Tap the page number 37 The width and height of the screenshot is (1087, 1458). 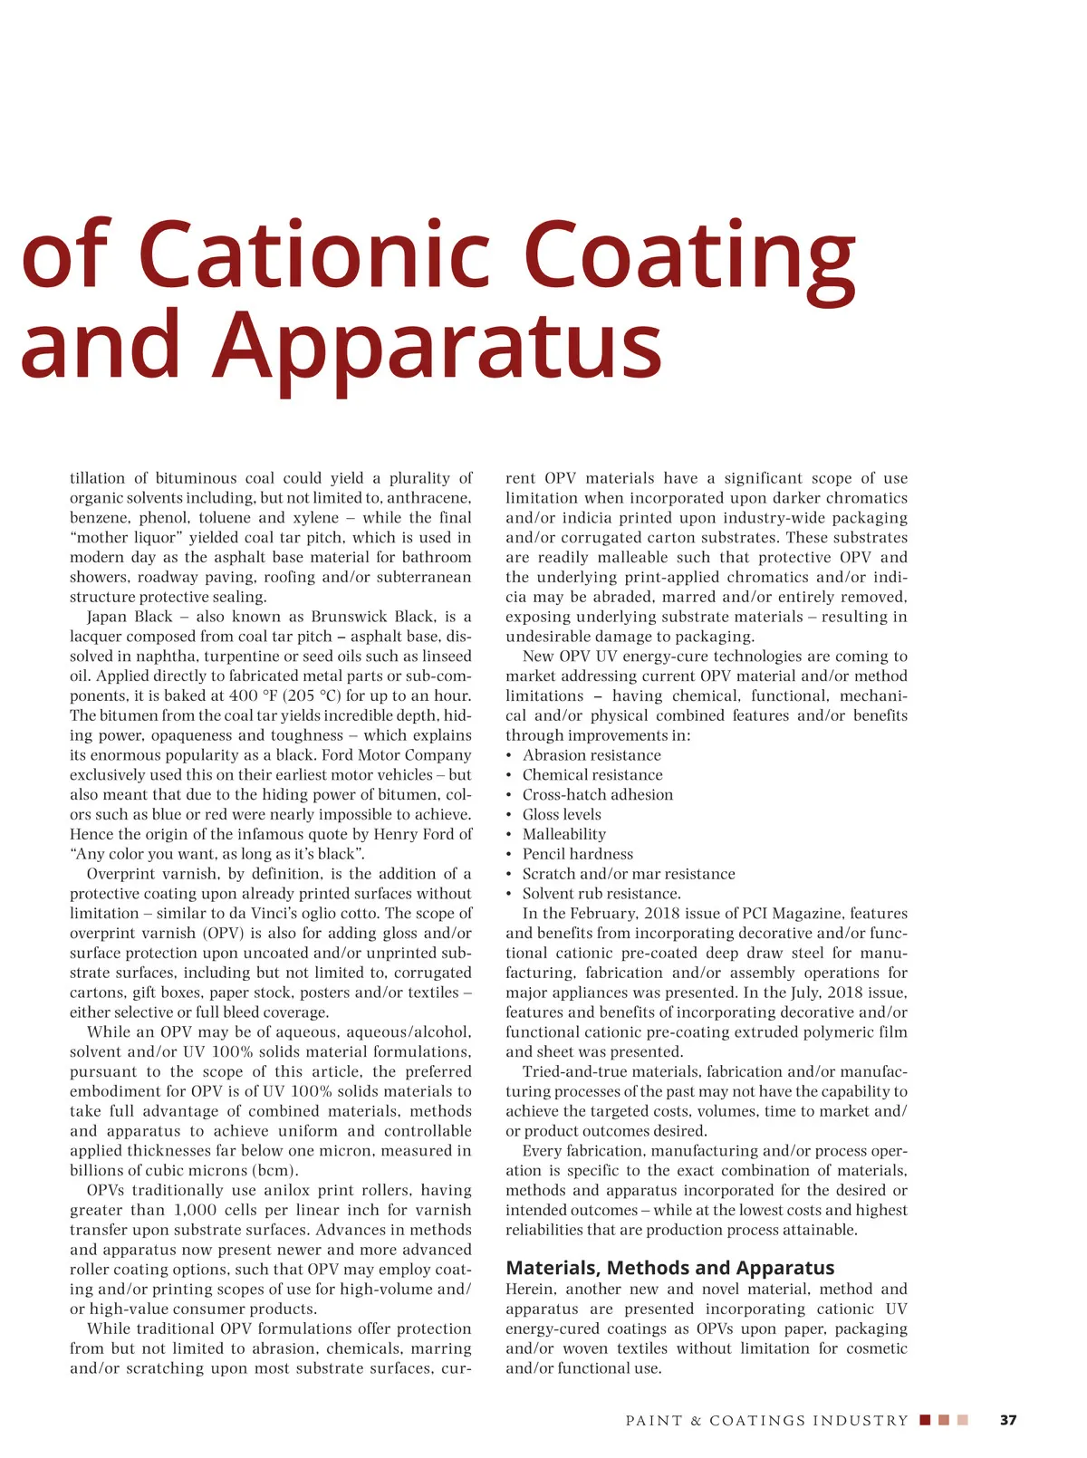pyautogui.click(x=1008, y=1420)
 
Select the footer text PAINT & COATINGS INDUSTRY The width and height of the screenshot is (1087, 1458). pyautogui.click(x=766, y=1420)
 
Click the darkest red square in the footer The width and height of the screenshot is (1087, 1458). pyautogui.click(x=925, y=1420)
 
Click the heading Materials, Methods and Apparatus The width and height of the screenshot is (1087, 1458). pyautogui.click(x=669, y=1268)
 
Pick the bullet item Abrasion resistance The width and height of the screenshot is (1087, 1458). pyautogui.click(x=592, y=755)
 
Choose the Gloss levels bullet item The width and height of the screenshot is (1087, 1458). pyautogui.click(x=562, y=814)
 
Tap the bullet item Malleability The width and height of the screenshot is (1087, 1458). pyautogui.click(x=563, y=834)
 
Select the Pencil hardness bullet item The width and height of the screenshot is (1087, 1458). pyautogui.click(x=577, y=854)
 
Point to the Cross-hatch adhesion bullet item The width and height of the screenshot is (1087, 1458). pyautogui.click(x=597, y=794)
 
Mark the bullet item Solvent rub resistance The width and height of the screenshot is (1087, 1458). pyautogui.click(x=601, y=894)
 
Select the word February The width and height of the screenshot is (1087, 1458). pyautogui.click(x=598, y=914)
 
